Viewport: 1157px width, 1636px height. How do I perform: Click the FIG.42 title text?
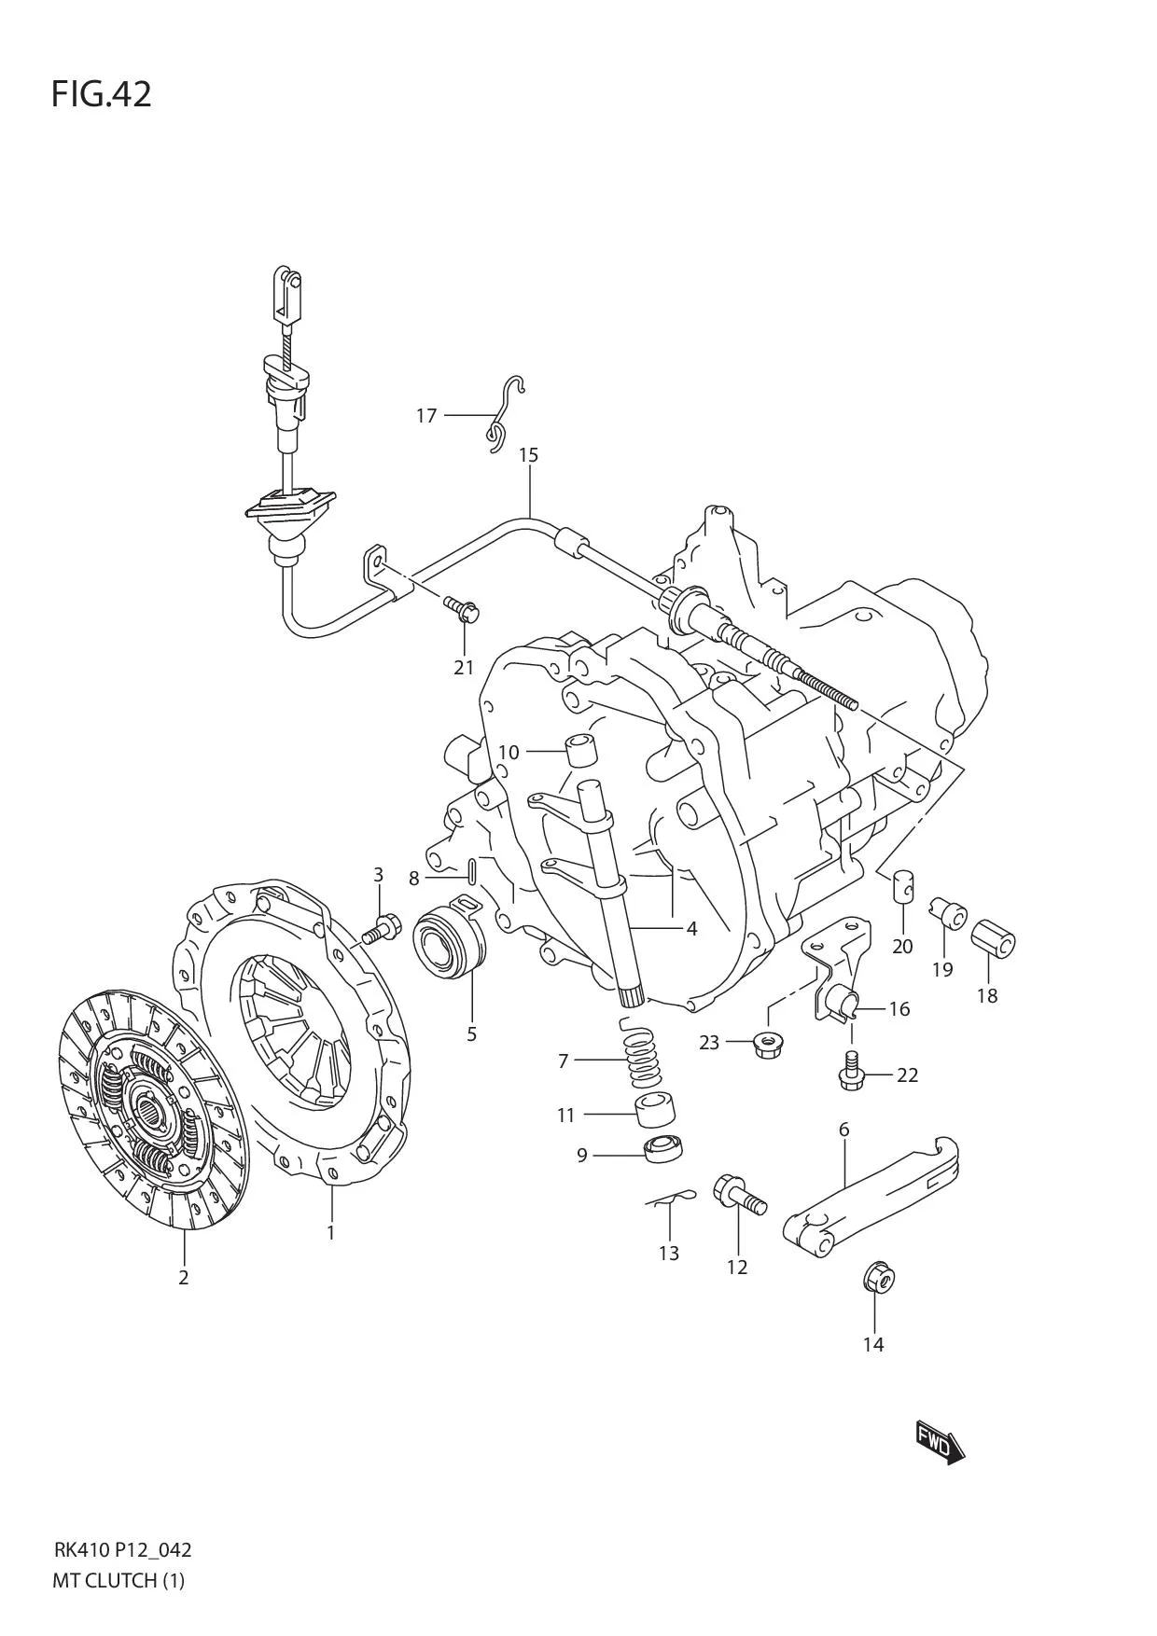click(x=101, y=94)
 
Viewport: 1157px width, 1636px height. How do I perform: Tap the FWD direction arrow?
click(x=939, y=1444)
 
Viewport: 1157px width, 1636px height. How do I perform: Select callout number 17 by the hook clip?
click(x=426, y=415)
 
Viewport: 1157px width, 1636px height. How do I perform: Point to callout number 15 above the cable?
click(x=528, y=455)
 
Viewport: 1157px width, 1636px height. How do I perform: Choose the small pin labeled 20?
click(x=902, y=884)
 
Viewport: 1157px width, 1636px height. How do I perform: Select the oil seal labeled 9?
click(x=662, y=1147)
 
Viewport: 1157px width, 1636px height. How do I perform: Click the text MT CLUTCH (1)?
click(x=119, y=1580)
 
